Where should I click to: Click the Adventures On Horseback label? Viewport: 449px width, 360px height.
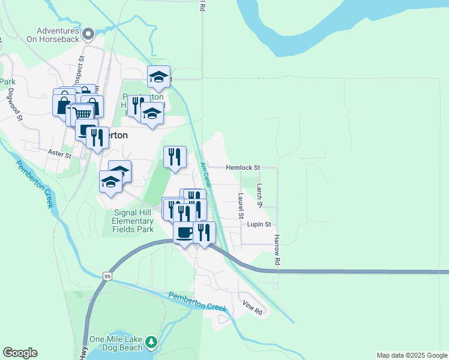coord(57,35)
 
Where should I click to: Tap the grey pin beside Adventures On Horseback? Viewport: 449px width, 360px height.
coord(89,34)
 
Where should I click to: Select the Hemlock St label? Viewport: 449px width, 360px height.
coord(243,167)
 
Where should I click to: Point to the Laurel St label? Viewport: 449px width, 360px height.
coord(240,206)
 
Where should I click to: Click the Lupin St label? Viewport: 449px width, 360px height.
coord(259,224)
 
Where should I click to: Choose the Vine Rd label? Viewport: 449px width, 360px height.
coord(253,310)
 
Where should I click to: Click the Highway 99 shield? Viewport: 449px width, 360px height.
coord(107,276)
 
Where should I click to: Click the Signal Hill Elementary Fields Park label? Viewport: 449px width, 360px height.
coord(133,221)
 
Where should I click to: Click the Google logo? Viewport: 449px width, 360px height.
coord(20,353)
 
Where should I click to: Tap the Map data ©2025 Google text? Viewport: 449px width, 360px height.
coord(412,355)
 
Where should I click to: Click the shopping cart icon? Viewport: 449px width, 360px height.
coord(83,113)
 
